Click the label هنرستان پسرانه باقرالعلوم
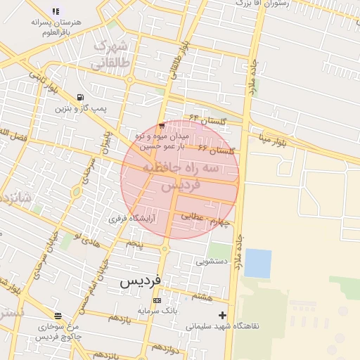[x=56, y=27]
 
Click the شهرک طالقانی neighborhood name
[x=111, y=56]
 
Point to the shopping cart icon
[x=162, y=125]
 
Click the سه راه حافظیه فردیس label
[x=180, y=176]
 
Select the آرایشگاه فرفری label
[x=131, y=219]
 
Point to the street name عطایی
[x=191, y=217]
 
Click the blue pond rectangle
[x=257, y=263]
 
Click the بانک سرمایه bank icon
[x=156, y=301]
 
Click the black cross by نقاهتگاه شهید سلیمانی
[x=223, y=315]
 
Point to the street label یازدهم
[x=119, y=317]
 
